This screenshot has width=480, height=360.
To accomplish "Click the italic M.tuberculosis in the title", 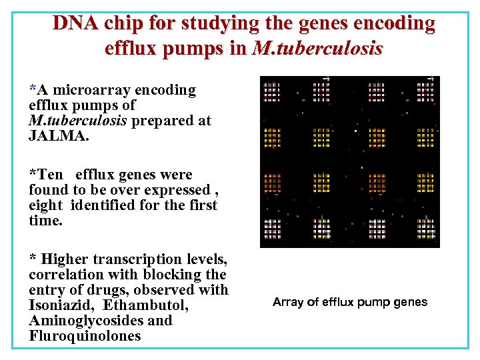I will click(317, 48).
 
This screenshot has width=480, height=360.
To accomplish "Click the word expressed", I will click(177, 190).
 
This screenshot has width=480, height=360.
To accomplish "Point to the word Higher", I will click(64, 259).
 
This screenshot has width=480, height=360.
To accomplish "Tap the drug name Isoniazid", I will click(58, 305).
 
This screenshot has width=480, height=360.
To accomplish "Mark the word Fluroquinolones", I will click(85, 336).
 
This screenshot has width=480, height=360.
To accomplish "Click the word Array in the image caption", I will click(287, 302).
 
